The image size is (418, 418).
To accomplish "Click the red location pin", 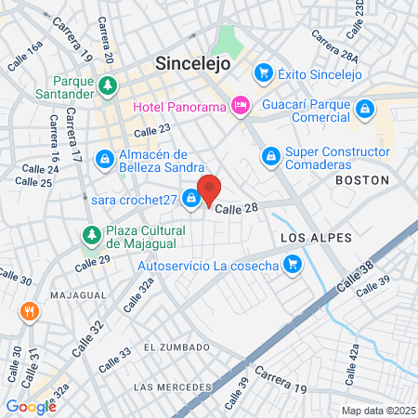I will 210,189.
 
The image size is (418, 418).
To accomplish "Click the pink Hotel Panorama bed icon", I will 241,106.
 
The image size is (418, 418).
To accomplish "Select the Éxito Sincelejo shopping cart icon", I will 264,72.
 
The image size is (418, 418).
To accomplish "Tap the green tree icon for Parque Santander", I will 109,86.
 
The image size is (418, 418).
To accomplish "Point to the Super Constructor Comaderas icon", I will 271,155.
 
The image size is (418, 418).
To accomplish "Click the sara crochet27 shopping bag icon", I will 190,198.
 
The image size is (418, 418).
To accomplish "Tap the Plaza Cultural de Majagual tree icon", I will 91,234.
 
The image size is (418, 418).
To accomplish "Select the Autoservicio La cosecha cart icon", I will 293,266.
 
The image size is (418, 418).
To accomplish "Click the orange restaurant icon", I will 30,311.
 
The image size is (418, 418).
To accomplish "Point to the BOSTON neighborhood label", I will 359,179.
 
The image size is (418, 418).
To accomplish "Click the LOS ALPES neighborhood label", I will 317,238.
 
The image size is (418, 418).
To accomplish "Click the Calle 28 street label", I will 236,208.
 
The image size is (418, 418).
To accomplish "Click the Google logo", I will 31,406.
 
